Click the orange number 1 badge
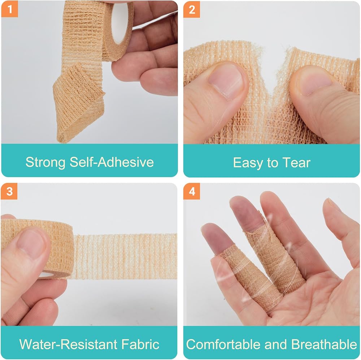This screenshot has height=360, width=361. tap(9, 9)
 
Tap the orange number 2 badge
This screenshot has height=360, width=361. tap(192, 9)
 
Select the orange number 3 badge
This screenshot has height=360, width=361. tap(9, 192)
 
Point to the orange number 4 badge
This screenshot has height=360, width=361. tap(192, 192)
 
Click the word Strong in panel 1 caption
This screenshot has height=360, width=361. tap(45, 162)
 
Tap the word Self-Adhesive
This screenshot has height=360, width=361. tap(112, 162)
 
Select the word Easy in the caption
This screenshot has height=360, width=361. tap(248, 163)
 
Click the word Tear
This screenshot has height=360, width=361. tap(296, 162)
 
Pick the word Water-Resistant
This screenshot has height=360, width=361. tap(68, 344)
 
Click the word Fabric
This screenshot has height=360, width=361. tap(140, 344)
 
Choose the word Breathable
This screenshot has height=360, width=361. tap(324, 344)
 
